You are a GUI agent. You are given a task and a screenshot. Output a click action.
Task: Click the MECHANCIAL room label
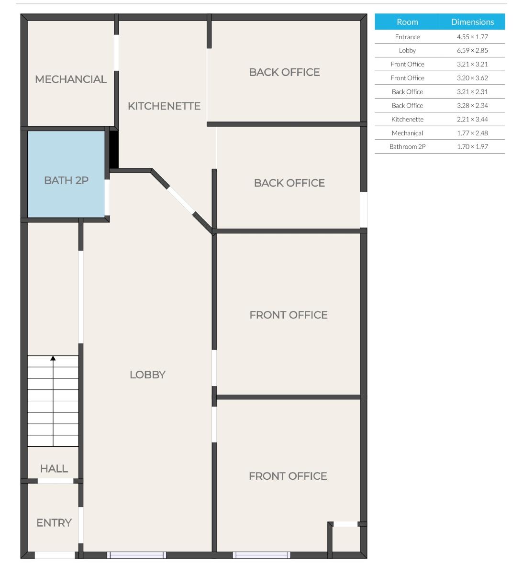71,79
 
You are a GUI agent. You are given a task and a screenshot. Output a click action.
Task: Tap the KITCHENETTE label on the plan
164,106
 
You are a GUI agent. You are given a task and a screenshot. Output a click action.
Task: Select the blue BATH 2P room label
66,180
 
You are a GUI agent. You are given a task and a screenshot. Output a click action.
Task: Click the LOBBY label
147,375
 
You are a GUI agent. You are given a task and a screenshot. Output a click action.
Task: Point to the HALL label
54,469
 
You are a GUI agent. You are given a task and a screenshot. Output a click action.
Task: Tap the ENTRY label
54,523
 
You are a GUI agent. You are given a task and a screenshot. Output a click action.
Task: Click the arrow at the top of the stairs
53,358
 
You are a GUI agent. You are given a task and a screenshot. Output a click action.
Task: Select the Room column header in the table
407,22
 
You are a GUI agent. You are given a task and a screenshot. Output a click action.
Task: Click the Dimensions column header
472,22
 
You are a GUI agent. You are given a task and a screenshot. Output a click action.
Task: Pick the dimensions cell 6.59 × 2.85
472,50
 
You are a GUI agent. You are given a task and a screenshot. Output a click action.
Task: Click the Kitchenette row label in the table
407,119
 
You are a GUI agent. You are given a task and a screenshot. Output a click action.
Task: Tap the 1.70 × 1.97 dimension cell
472,147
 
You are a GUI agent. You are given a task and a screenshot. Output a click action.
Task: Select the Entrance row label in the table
407,37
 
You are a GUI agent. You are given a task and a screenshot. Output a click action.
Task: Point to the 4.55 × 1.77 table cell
472,37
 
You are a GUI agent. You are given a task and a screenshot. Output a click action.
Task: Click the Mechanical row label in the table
407,133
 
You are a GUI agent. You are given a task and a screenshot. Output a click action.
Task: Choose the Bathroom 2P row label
407,147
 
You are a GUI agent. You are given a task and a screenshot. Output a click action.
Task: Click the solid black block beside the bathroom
114,149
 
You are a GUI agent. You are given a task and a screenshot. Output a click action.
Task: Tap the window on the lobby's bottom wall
137,555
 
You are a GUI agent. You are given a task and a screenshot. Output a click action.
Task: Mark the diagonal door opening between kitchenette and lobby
180,200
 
